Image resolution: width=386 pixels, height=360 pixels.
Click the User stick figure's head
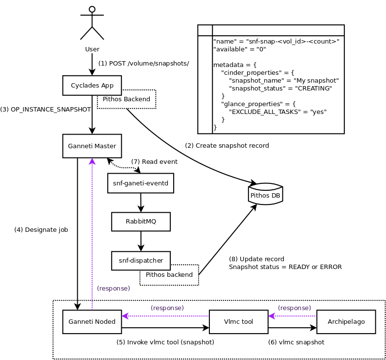92,9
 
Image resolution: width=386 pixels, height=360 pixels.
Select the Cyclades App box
92,85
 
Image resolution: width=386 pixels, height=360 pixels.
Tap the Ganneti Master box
92,146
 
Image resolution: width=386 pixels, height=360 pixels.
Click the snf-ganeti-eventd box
140,183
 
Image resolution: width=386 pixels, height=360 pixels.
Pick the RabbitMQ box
141,221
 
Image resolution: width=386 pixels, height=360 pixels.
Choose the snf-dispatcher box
141,260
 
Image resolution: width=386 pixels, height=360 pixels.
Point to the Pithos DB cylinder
266,195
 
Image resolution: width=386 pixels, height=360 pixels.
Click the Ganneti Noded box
92,321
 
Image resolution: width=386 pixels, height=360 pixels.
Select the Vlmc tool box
238,321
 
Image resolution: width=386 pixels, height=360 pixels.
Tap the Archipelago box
346,321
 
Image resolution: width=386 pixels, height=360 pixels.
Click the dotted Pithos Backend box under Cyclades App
126,99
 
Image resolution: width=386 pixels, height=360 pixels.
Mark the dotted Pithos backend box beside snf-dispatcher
169,275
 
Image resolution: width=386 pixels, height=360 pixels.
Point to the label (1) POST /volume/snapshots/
143,64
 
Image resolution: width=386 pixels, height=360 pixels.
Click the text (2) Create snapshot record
227,146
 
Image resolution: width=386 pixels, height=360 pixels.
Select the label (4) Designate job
41,229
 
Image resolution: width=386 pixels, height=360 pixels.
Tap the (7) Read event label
154,162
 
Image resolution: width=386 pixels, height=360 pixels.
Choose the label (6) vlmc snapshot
296,342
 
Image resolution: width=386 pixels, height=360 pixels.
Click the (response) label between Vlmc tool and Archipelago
294,308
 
